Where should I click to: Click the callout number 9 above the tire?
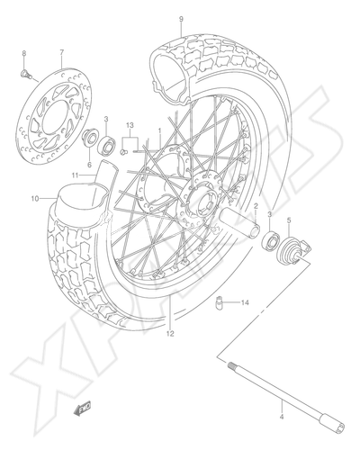click(181, 20)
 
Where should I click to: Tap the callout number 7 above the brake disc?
click(62, 53)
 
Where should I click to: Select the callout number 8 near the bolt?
click(24, 53)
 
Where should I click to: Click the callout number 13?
click(130, 125)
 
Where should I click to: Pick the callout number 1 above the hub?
click(160, 131)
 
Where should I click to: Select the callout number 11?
click(75, 175)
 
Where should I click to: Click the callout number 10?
click(35, 198)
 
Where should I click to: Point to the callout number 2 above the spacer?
click(256, 206)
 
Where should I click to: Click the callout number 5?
click(289, 220)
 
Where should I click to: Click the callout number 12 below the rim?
click(170, 334)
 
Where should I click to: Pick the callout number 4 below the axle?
click(281, 418)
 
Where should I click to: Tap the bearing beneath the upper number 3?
click(106, 145)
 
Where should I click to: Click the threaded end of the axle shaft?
click(232, 365)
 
